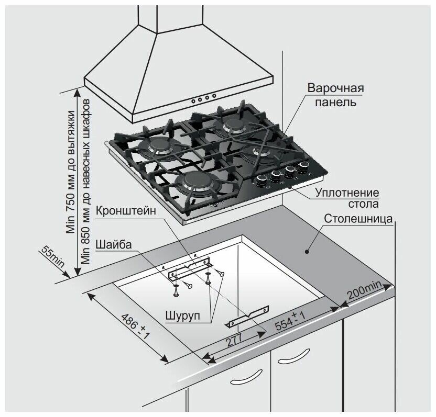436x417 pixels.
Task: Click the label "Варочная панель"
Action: pos(335,95)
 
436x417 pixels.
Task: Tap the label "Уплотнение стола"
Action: pos(347,198)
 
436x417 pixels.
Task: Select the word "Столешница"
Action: pos(359,219)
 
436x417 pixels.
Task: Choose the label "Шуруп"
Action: pos(183,317)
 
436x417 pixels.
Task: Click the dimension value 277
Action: pos(234,340)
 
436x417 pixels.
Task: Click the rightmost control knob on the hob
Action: pos(302,167)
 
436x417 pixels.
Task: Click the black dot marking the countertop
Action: pos(307,252)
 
